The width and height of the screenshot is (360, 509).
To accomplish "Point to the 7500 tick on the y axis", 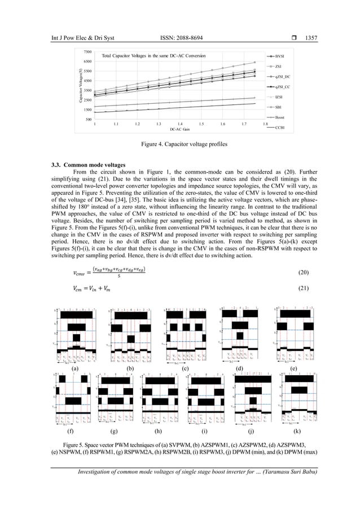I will tap(88, 51).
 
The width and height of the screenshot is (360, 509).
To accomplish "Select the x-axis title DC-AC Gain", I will tap(179, 129).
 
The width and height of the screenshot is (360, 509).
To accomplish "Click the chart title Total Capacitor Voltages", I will tap(153, 56).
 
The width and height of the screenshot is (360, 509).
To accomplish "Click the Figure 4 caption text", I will tap(179, 144).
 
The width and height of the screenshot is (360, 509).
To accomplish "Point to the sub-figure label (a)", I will tap(75, 368).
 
